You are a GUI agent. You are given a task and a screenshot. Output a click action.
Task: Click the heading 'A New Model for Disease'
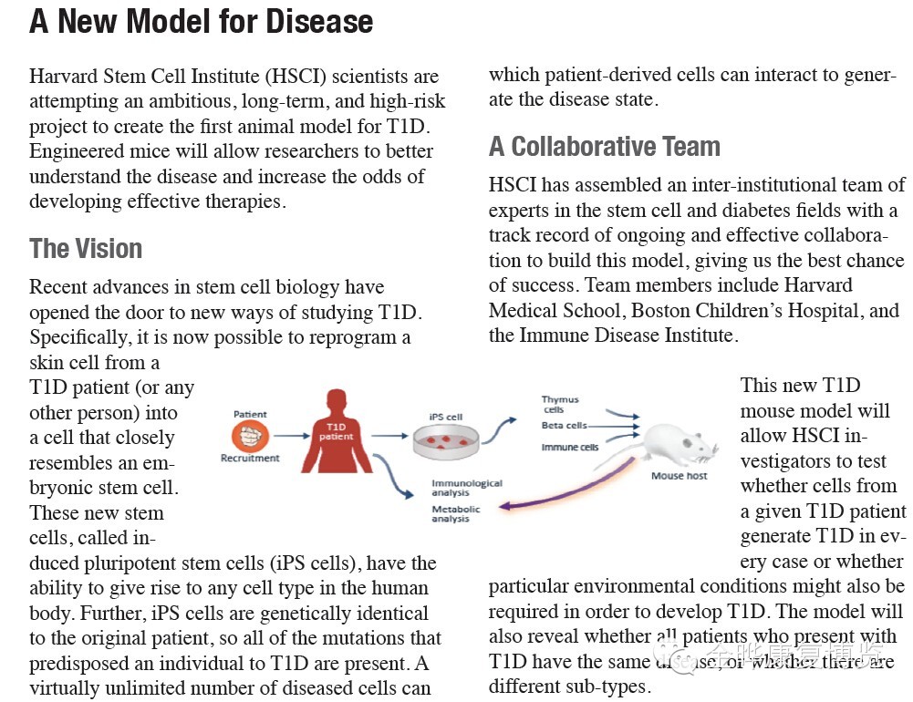tap(202, 21)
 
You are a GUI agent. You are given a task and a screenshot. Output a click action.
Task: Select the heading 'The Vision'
tap(86, 248)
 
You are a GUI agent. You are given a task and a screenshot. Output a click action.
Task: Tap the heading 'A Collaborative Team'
tap(605, 146)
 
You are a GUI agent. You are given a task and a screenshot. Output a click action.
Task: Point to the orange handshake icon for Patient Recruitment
tap(250, 436)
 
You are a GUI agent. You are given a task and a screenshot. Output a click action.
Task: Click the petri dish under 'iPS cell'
tap(446, 441)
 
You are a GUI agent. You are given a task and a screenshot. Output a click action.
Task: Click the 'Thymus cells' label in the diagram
tap(559, 405)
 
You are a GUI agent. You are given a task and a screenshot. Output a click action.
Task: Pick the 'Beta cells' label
tap(564, 426)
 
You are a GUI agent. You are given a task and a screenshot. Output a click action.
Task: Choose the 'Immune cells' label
tap(569, 448)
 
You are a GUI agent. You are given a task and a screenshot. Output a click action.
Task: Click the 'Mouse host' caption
tap(679, 476)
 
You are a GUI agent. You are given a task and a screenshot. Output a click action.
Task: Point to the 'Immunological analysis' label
tap(466, 489)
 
